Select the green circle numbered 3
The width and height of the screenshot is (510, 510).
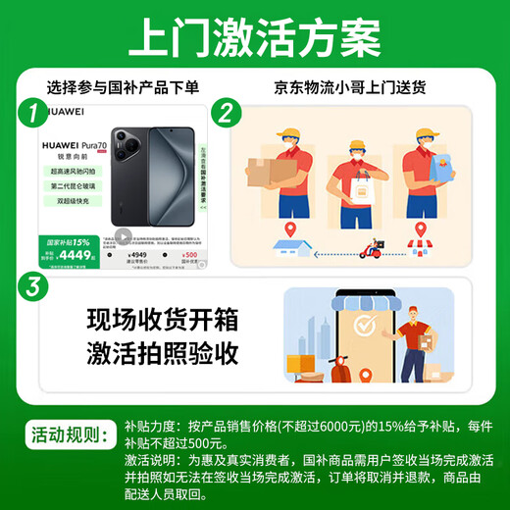coord(35,286)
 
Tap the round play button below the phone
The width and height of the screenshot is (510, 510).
coord(123,236)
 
